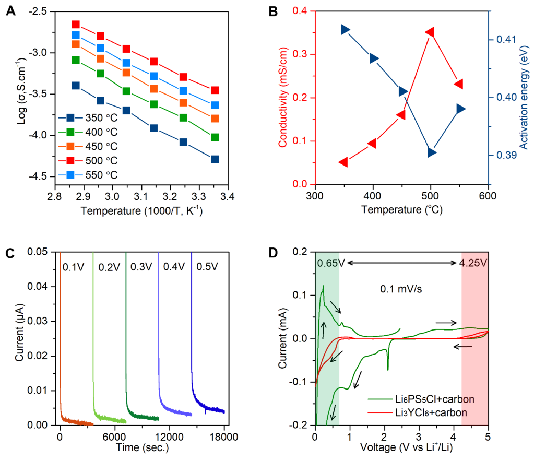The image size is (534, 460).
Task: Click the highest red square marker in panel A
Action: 76,25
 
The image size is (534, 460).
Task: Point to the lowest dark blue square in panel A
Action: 215,159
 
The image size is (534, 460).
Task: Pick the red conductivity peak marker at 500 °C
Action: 430,32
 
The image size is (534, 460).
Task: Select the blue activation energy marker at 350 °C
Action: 345,30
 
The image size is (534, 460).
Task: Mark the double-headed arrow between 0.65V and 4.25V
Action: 402,263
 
